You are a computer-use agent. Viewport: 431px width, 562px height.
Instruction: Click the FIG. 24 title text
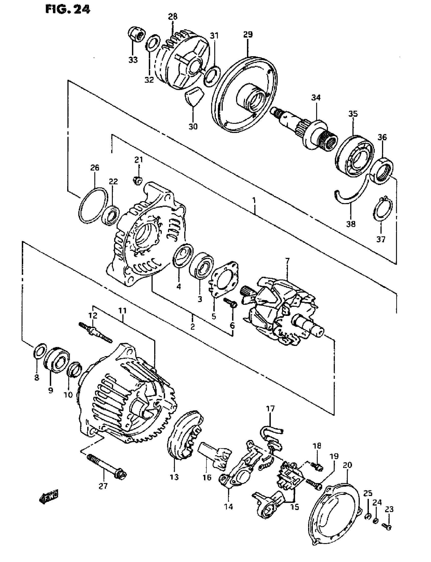68,9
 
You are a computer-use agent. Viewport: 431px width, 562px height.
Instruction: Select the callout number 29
248,34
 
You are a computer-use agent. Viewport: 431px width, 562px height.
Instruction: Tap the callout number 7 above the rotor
287,261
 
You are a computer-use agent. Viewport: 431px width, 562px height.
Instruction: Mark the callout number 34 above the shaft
316,98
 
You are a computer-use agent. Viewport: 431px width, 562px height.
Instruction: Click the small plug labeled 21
138,181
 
